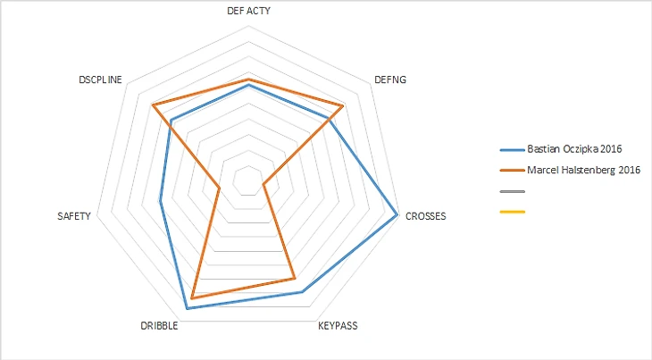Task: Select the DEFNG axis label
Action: pos(391,80)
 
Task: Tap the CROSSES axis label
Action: pos(425,216)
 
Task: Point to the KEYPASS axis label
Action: pos(338,326)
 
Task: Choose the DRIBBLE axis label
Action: pos(159,326)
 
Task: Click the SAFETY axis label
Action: pos(73,216)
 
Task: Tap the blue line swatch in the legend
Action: pos(513,149)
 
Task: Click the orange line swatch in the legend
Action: pos(513,170)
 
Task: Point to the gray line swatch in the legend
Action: pos(513,191)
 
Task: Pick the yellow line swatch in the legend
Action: pos(513,212)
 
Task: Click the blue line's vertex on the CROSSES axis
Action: pos(397,214)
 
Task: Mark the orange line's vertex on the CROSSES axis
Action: pos(263,185)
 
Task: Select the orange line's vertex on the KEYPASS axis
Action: pos(295,279)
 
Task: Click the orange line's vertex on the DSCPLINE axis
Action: pos(153,105)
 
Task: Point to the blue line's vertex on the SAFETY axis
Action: pos(160,201)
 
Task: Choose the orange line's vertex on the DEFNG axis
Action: pos(343,106)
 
